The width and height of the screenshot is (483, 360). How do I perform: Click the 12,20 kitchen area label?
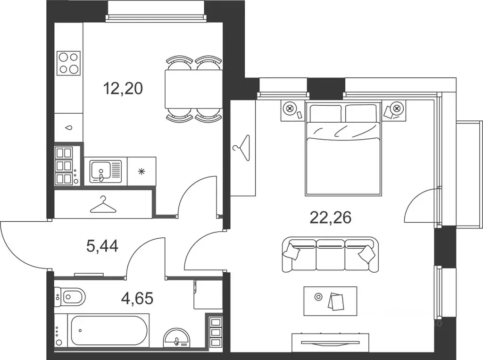tap(123, 89)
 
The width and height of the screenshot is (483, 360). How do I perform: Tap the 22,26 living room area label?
tap(331, 218)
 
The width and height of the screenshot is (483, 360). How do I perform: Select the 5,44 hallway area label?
tap(102, 246)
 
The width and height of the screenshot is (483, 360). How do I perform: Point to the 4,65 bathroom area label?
tap(137, 298)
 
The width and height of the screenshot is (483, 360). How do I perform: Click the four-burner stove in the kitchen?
tap(69, 63)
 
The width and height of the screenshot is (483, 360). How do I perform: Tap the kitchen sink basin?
tap(100, 171)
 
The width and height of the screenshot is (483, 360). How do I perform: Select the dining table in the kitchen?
tap(194, 89)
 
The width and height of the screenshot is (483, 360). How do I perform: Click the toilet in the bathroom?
tap(70, 297)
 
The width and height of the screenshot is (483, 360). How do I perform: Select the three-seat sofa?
tap(330, 254)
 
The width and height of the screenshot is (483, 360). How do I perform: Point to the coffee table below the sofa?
tap(330, 301)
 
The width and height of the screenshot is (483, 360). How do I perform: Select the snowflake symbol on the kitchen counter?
tap(141, 171)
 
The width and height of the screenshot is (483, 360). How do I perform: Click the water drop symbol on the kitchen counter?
tap(69, 127)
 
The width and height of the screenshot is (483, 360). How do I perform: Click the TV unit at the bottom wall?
tap(330, 343)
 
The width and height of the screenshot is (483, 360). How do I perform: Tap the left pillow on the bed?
tap(325, 113)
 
